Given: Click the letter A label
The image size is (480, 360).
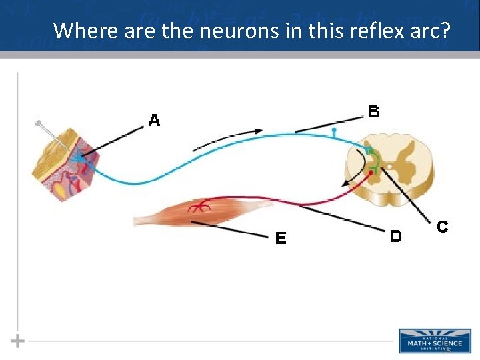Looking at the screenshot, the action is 155,121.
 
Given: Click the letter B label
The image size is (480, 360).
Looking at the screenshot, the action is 374,111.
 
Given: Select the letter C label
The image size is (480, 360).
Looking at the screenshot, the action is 441,227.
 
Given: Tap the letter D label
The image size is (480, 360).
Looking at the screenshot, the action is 395,236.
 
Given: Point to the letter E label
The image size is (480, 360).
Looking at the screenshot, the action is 281,238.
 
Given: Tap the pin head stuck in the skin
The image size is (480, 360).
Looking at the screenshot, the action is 39,123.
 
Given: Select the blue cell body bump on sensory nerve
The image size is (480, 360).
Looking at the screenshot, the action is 334,133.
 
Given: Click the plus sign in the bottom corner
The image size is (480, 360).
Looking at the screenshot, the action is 18,341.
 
